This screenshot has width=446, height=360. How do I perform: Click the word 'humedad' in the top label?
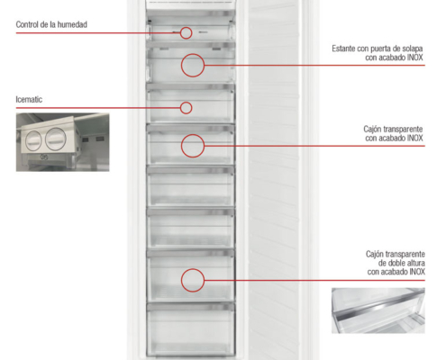click(x=72, y=24)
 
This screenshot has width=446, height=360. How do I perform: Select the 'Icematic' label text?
click(x=29, y=100)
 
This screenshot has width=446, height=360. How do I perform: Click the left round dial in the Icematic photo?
click(x=33, y=140)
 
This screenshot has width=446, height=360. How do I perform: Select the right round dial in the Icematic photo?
click(x=56, y=139)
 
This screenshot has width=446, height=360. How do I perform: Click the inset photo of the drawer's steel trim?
click(x=378, y=310)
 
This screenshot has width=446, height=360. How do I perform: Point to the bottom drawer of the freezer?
click(x=191, y=329)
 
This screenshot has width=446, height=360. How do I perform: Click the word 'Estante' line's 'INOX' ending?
click(x=415, y=58)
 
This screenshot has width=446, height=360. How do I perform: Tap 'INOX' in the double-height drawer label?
click(x=417, y=272)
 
